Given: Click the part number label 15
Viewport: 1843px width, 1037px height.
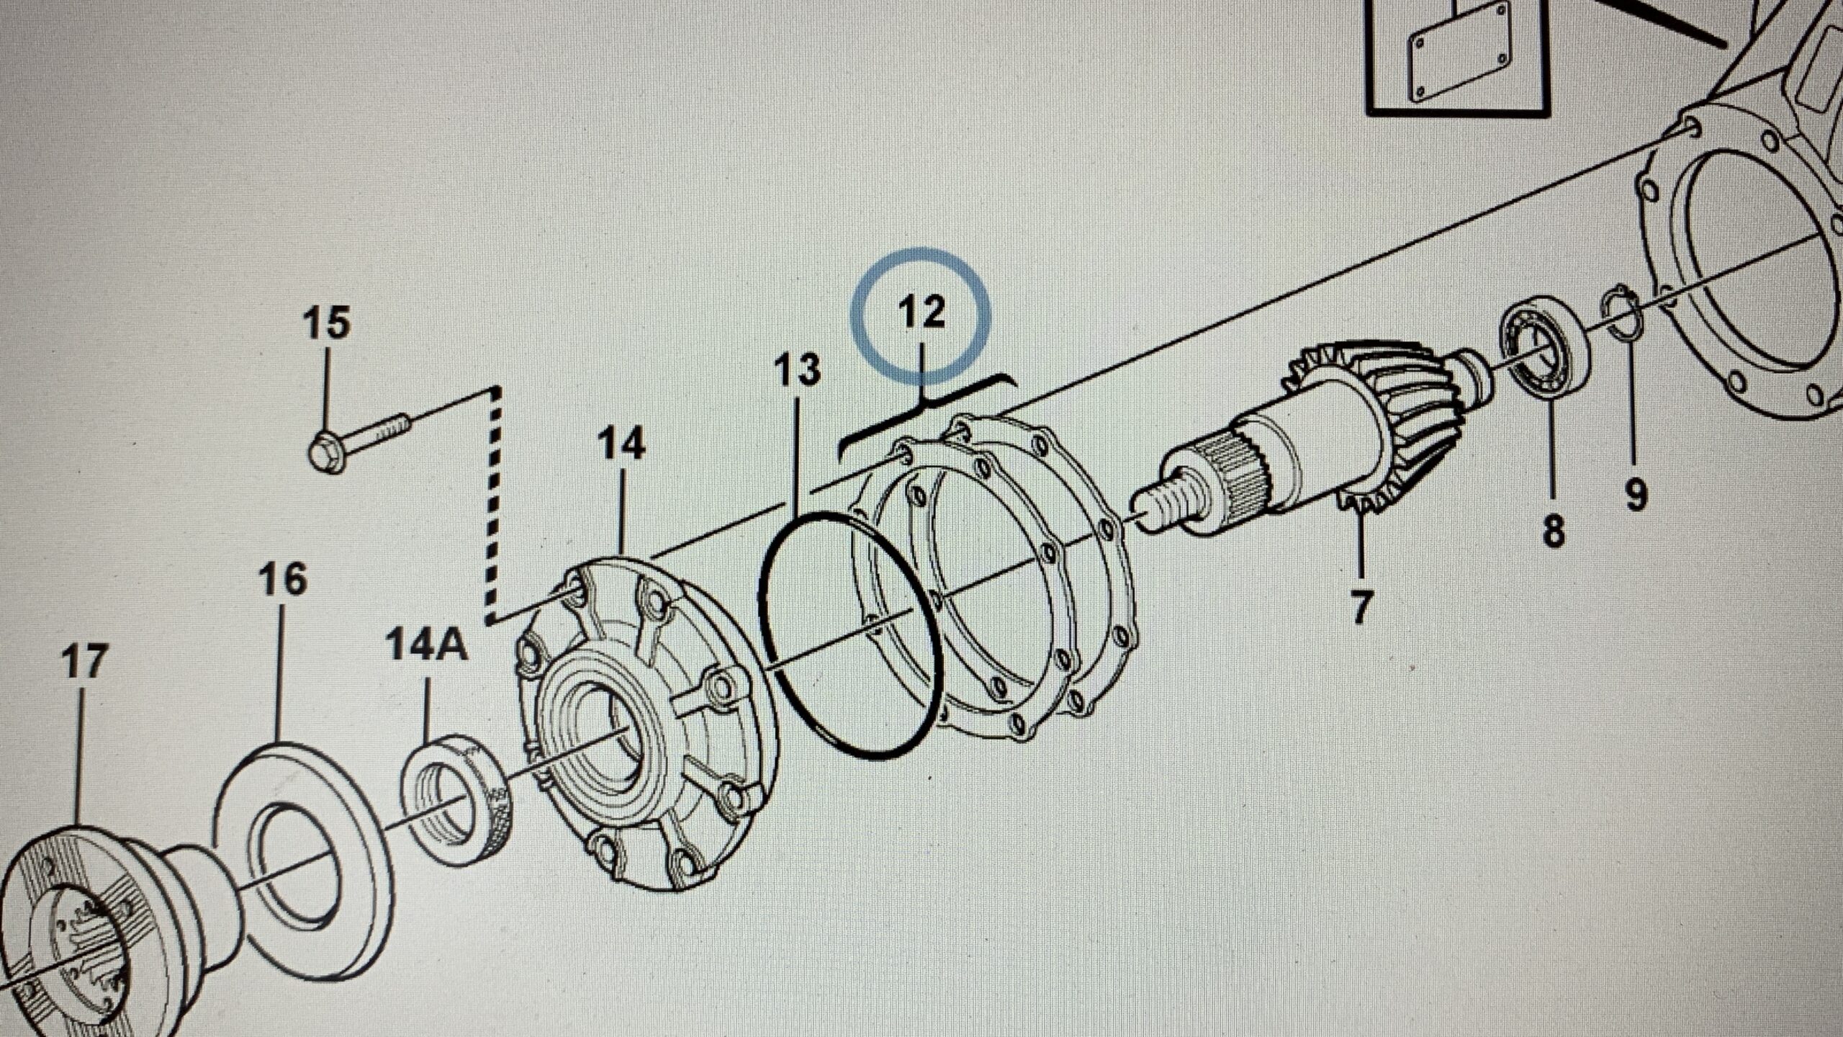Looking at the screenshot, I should (326, 323).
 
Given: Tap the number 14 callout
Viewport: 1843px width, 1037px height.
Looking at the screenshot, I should (621, 444).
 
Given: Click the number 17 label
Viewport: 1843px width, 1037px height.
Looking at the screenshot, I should (84, 662).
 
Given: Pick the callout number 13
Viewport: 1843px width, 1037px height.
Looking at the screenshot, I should (797, 369).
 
